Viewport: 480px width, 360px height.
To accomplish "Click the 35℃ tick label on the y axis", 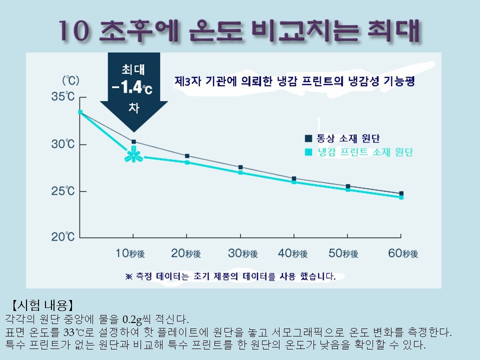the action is [x=63, y=96].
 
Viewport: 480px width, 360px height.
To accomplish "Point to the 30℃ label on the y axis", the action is [x=63, y=144].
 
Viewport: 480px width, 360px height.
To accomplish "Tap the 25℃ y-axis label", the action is [x=63, y=191].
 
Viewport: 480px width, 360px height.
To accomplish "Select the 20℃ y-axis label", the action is [x=63, y=236].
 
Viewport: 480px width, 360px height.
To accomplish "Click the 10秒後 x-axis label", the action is [x=130, y=253].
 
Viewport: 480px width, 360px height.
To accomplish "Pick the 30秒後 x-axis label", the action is [x=243, y=253].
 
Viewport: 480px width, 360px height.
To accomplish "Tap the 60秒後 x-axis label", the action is [x=403, y=253].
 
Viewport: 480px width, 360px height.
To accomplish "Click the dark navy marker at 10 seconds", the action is [x=134, y=141].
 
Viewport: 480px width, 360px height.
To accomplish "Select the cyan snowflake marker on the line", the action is [x=134, y=154].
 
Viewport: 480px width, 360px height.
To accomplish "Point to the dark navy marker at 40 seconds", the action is [x=294, y=178].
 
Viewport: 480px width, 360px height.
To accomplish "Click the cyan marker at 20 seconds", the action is [x=187, y=162].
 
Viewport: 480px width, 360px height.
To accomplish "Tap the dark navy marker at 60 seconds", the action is [x=401, y=193].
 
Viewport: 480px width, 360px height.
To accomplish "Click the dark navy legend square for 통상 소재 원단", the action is [x=308, y=138].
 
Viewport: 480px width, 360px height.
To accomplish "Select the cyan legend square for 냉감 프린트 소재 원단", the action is [x=308, y=152].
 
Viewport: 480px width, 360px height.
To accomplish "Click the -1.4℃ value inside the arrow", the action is [x=132, y=87].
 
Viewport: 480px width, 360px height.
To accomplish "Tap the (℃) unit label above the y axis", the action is [x=70, y=80].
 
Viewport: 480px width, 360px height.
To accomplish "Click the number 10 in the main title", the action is [x=74, y=31].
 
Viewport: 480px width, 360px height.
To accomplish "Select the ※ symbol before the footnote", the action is [x=129, y=276].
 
